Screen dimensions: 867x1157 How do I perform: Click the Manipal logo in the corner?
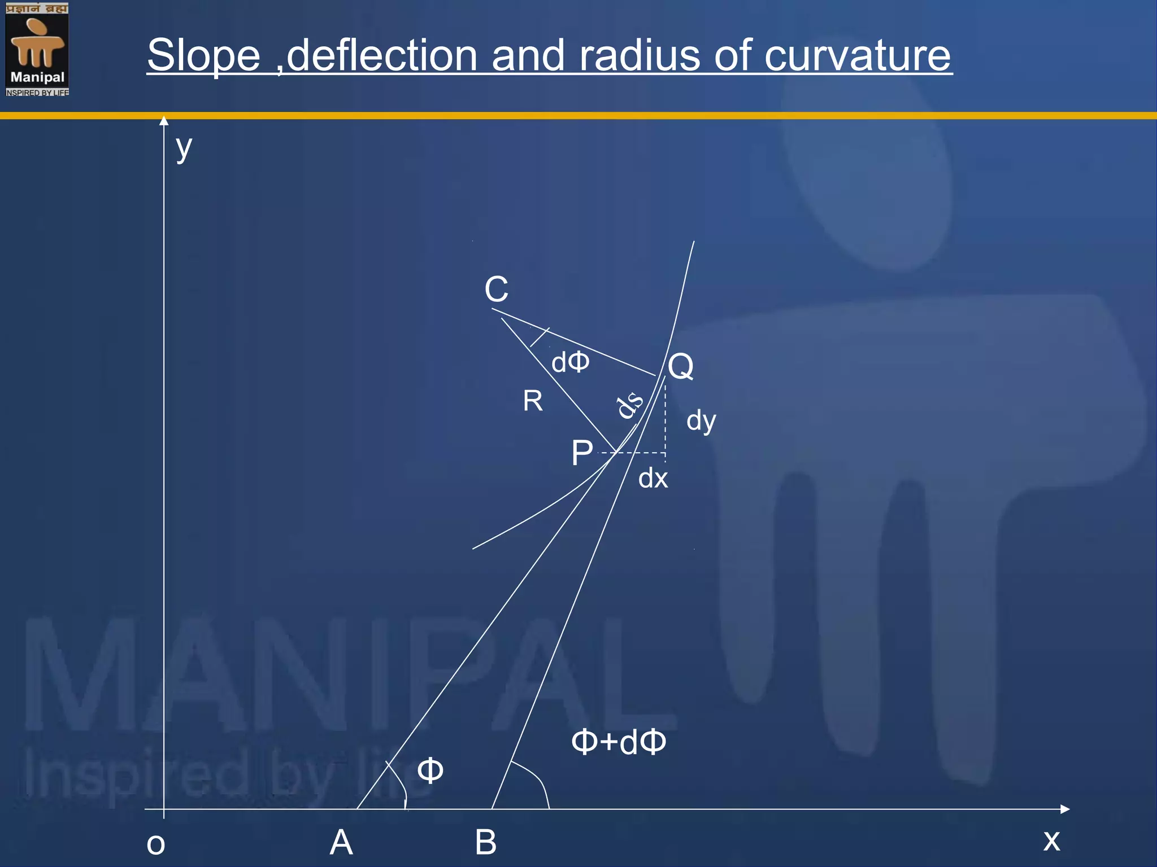coord(37,49)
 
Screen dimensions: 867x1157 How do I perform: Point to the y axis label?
coord(184,148)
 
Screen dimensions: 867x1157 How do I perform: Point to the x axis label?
coord(1051,840)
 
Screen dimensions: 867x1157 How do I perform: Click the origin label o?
coord(156,844)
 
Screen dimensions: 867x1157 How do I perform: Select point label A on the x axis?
coord(341,843)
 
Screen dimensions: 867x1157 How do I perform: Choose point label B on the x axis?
coord(486,843)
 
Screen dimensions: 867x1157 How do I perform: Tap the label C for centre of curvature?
coord(496,290)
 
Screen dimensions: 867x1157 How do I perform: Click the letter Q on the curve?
coord(681,367)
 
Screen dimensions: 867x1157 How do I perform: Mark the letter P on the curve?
coord(582,453)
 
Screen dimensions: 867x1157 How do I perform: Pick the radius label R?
coord(533,401)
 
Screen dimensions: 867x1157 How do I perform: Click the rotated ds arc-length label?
coord(629,404)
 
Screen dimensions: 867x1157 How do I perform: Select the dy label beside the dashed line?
coord(701,421)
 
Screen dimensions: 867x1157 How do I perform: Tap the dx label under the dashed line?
coord(653,479)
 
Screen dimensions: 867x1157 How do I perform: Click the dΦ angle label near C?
coord(571,362)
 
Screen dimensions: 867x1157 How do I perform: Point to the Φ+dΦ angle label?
coord(619,742)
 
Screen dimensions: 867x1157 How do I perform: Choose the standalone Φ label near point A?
coord(430,770)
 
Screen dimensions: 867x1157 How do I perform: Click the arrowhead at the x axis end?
coord(1065,809)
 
